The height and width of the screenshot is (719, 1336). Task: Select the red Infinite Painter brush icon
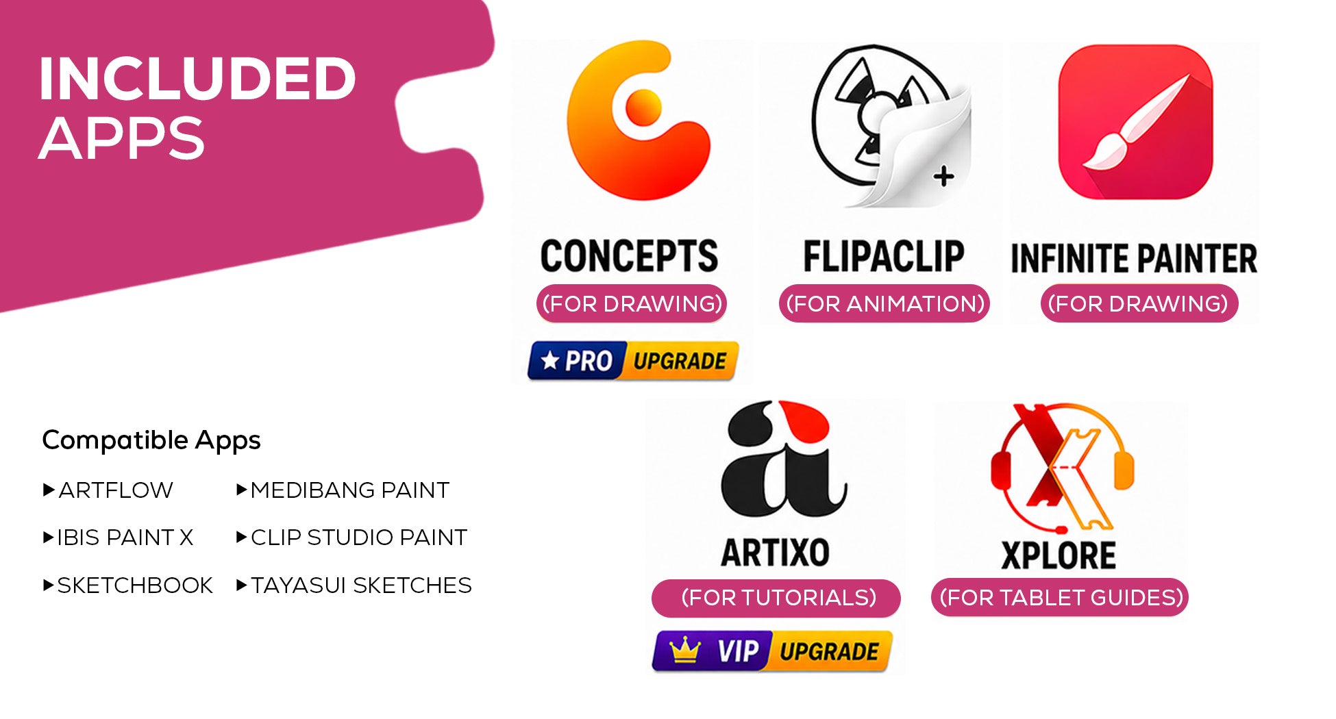point(1135,122)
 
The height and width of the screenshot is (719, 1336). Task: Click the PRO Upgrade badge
point(633,360)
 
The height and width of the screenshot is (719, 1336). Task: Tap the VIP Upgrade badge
point(772,651)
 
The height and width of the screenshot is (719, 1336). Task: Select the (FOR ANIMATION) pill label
point(885,303)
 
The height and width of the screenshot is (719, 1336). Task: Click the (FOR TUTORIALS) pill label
point(776,598)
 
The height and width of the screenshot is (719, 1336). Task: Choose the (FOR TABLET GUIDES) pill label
point(1060,597)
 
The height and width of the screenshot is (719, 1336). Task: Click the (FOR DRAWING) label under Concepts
point(632,303)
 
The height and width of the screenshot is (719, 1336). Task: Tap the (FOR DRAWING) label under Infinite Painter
point(1139,303)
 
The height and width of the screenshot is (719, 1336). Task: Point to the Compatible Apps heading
point(151,440)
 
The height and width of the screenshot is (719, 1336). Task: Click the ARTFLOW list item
point(108,490)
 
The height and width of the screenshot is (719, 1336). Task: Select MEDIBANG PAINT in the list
point(343,490)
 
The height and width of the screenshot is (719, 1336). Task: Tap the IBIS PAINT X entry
point(118,538)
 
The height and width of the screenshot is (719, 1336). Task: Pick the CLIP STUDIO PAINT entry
point(351,538)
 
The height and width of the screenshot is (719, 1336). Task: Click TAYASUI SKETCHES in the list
point(354,585)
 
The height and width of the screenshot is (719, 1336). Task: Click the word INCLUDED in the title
point(197,79)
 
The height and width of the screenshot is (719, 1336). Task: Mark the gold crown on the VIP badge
point(685,651)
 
